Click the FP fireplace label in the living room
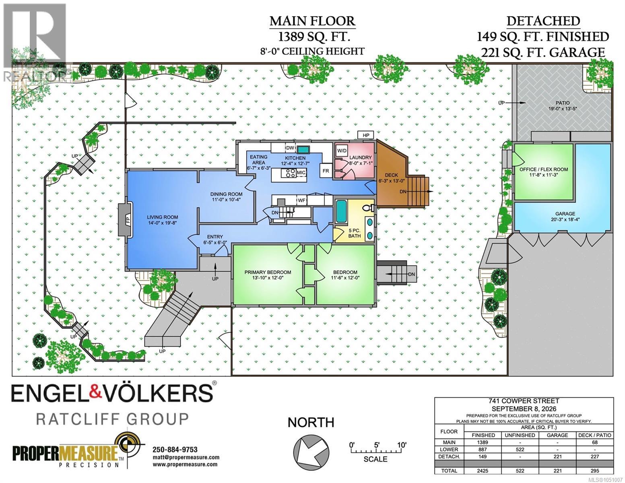point(128,220)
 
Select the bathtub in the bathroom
point(341,211)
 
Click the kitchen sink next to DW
point(303,149)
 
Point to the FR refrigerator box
point(326,171)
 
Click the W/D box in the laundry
point(342,151)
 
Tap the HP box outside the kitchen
point(366,135)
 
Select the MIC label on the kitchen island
point(301,173)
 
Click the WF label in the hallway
point(301,200)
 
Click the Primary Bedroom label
point(268,272)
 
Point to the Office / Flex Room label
point(544,169)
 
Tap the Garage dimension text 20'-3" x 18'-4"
point(565,219)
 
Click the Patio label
point(563,103)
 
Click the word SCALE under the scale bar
point(375,459)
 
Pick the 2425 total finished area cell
point(483,471)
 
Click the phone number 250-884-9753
point(175,450)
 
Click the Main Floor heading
point(312,21)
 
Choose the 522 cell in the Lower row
point(520,449)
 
